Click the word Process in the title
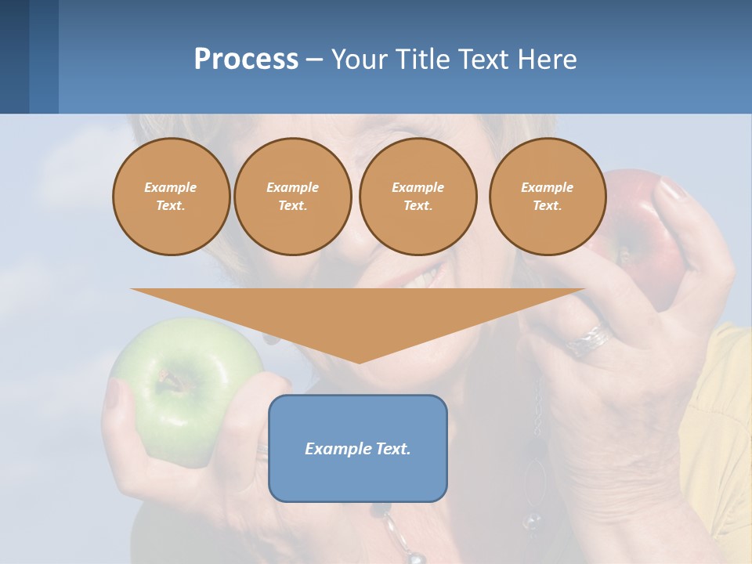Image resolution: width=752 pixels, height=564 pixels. tap(246, 60)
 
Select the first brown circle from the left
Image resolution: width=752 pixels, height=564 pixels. tap(171, 197)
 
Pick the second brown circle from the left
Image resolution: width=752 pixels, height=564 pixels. tap(292, 197)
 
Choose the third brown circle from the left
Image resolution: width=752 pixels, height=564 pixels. tap(418, 197)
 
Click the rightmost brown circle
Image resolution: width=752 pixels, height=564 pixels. tap(547, 197)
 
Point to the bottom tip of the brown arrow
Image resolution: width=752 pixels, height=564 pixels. tap(359, 361)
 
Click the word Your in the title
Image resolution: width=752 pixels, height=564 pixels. tap(360, 60)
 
